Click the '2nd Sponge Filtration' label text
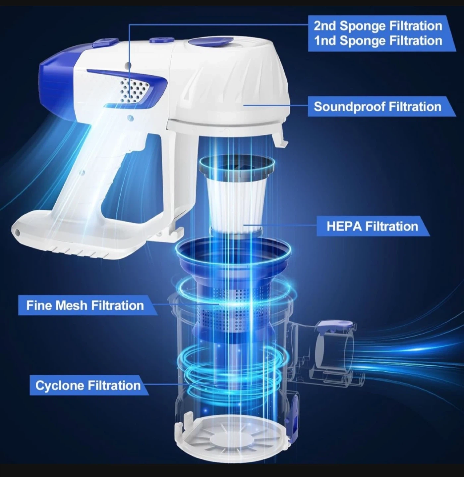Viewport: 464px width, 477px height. pos(378,26)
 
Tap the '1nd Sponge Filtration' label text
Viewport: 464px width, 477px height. pos(378,41)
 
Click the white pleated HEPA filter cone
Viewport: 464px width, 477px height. pos(235,203)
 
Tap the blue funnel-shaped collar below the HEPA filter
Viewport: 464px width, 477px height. pos(234,260)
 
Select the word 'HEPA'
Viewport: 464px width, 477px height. pos(344,226)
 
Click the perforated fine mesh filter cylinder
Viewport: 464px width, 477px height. pos(234,311)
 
